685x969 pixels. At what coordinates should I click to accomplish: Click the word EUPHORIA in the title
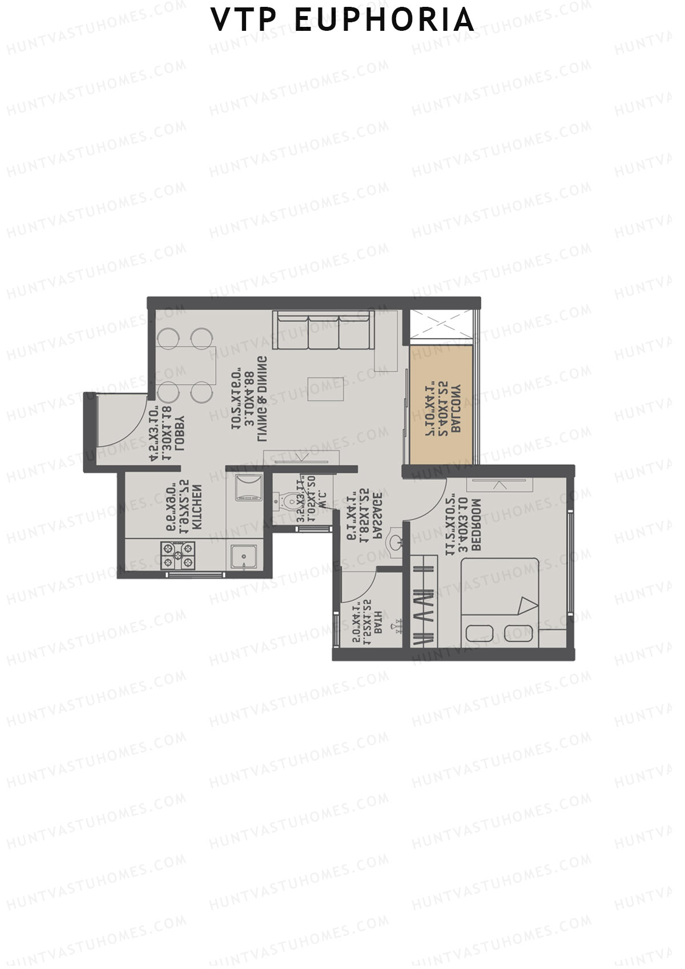tap(384, 21)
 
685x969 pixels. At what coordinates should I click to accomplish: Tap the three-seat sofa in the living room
tap(323, 331)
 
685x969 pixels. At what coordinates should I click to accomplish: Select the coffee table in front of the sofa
tap(326, 389)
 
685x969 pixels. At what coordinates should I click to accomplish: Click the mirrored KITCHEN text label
tap(196, 509)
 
